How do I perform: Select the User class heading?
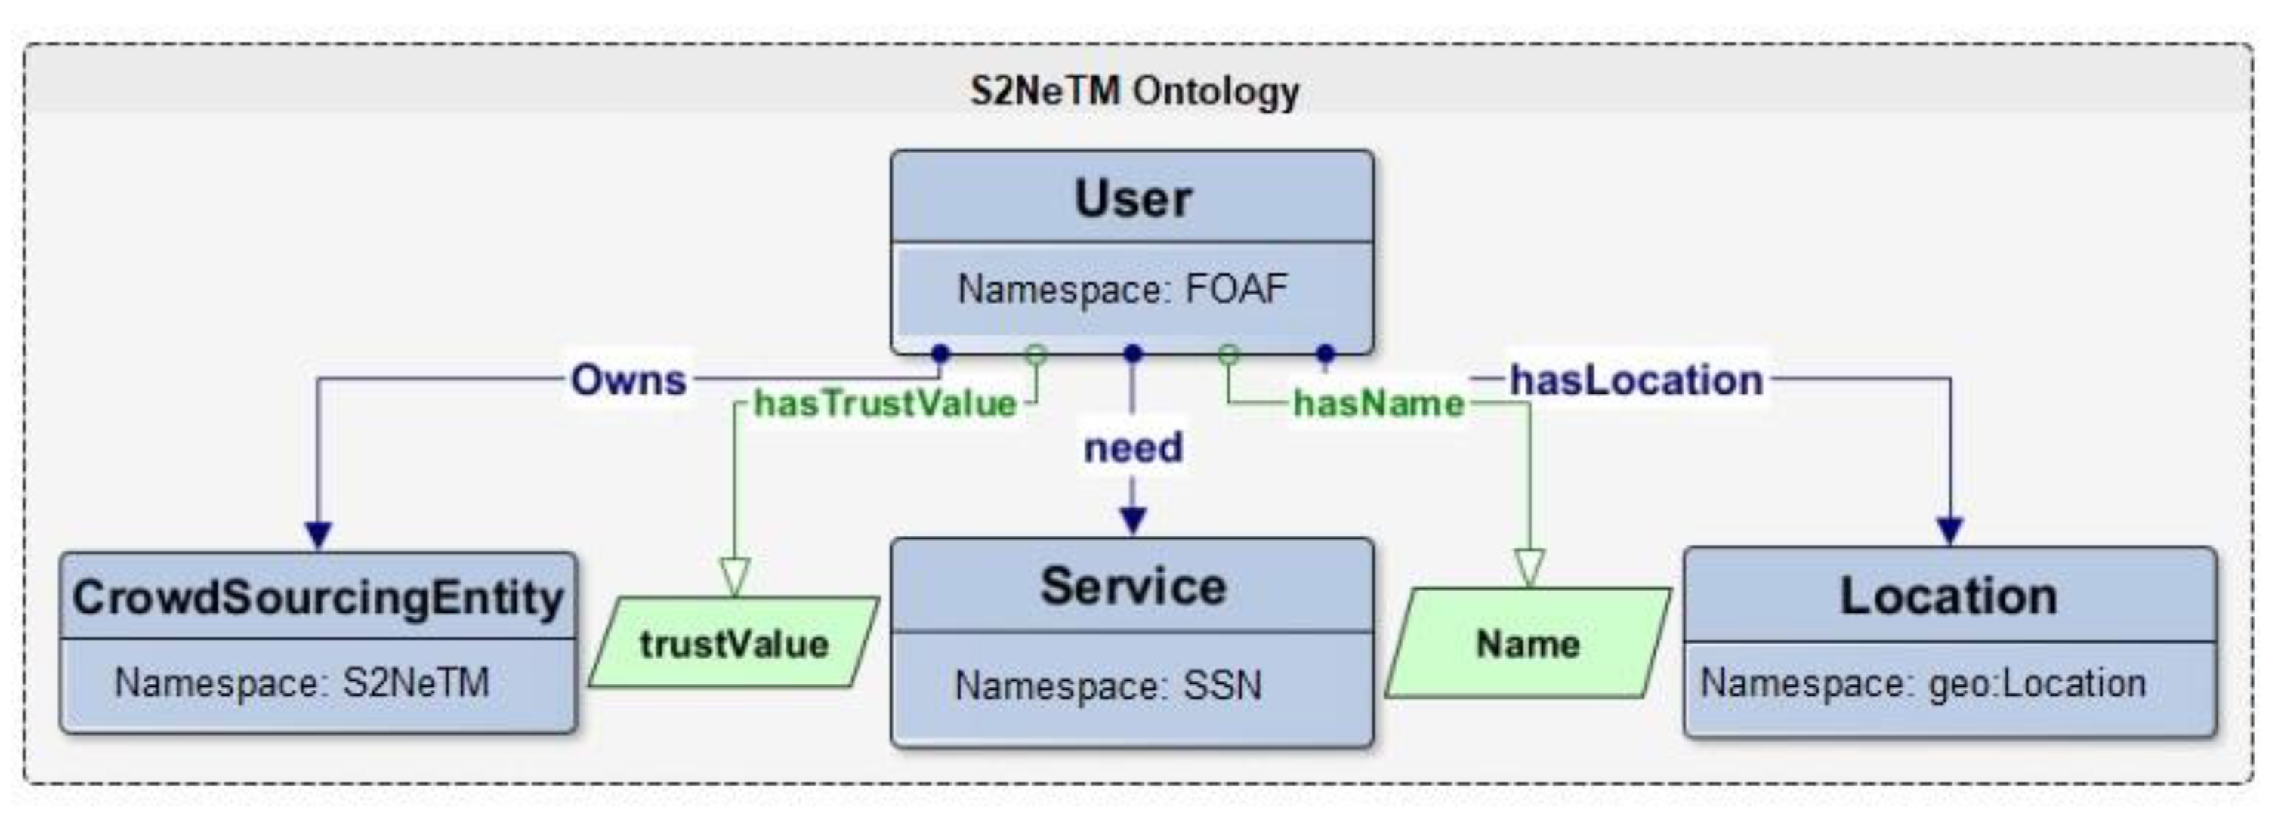click(x=1132, y=198)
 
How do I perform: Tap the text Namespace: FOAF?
click(x=1122, y=290)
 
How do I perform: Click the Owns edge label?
click(x=628, y=381)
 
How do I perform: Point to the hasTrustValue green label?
click(x=884, y=404)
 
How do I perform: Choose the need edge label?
click(x=1133, y=448)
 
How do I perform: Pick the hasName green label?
click(x=1378, y=404)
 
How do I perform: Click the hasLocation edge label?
click(x=1636, y=381)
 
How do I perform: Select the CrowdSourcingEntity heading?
click(x=317, y=597)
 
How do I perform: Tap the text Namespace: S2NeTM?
click(x=301, y=683)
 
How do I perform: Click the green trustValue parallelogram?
click(x=734, y=644)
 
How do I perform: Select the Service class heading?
click(x=1132, y=586)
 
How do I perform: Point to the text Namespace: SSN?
click(x=1107, y=685)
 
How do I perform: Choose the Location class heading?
click(x=1949, y=595)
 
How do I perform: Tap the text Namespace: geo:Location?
click(x=1922, y=684)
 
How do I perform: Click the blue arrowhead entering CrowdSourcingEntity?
click(x=317, y=535)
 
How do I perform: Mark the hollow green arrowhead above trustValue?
click(x=734, y=576)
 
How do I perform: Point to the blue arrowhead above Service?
click(x=1133, y=520)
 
